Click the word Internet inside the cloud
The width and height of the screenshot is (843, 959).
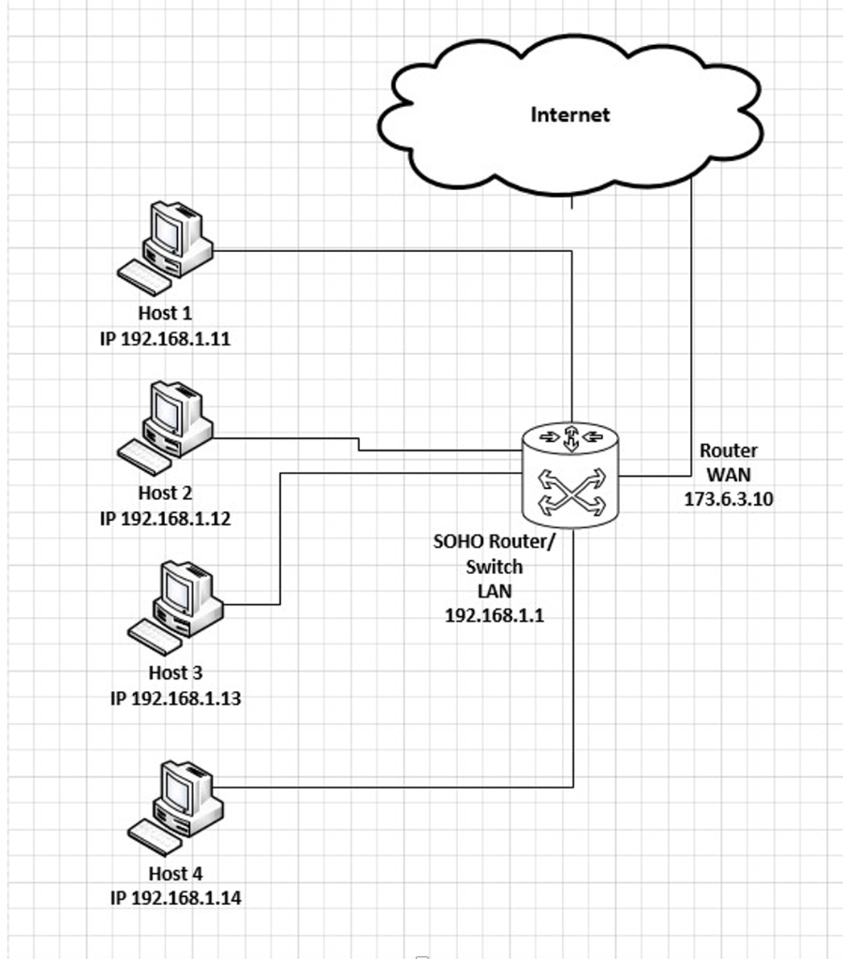click(569, 114)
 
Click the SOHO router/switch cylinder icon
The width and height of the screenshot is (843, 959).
click(569, 473)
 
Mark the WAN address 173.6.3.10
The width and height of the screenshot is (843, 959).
click(728, 499)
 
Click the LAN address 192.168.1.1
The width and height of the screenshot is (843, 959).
click(494, 615)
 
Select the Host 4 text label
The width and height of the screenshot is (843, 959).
click(175, 873)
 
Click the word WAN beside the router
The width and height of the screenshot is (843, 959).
click(728, 475)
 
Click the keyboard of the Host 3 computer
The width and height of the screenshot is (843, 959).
click(155, 637)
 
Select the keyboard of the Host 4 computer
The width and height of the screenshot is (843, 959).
click(155, 836)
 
